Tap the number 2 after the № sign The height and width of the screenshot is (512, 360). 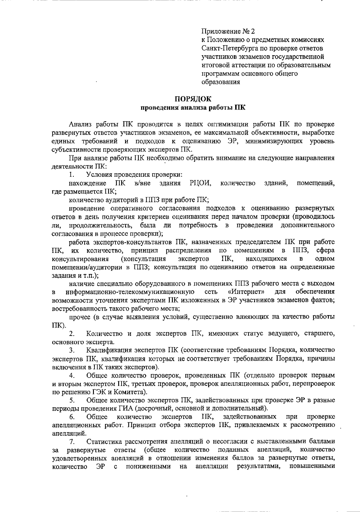click(253, 32)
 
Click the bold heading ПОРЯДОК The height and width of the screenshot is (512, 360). click(193, 99)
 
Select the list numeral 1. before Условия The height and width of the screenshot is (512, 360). click(71, 175)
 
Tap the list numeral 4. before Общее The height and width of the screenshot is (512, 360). click(72, 375)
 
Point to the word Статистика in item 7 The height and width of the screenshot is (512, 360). click(104, 442)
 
